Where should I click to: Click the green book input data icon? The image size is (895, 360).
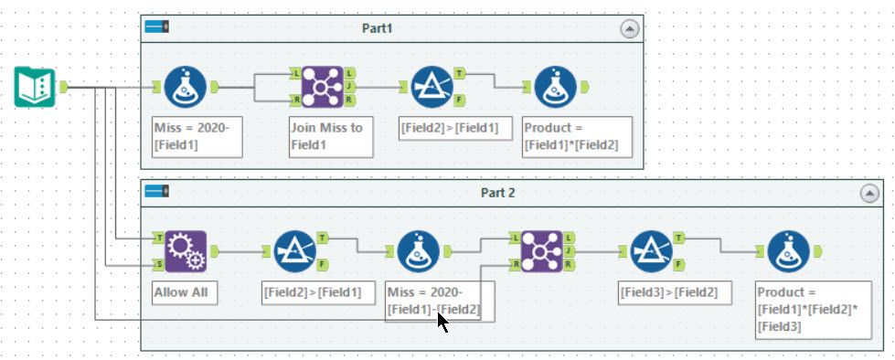(35, 87)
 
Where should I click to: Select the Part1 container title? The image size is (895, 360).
(378, 28)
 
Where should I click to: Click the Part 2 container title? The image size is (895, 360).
(497, 193)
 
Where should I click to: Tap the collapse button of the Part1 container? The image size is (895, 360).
(630, 29)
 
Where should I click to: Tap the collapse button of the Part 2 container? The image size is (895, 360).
(869, 194)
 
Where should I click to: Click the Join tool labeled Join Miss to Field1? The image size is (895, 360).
(323, 87)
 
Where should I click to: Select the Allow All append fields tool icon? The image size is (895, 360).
(186, 251)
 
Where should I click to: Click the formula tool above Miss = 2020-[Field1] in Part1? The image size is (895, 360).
(186, 87)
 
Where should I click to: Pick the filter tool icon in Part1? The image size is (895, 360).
(432, 87)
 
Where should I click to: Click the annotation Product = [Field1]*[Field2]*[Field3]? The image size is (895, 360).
(814, 310)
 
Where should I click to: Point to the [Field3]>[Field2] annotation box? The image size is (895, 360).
(675, 293)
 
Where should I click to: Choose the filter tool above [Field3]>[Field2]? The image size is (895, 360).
(651, 251)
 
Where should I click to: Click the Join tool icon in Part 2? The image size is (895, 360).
(542, 251)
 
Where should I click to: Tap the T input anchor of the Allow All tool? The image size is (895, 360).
(158, 238)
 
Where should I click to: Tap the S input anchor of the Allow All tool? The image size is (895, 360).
(158, 265)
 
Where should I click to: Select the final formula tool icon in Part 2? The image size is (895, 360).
(788, 251)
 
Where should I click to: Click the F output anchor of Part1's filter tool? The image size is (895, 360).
(460, 101)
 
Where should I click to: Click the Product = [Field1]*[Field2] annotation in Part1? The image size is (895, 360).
(577, 137)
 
